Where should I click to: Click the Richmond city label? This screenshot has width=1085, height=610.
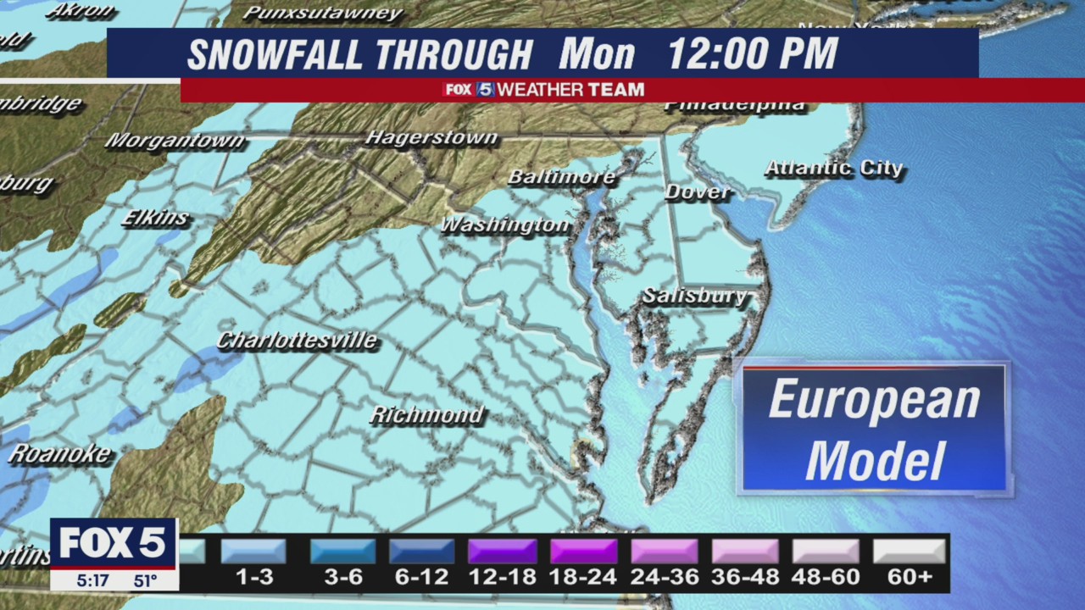coord(427,415)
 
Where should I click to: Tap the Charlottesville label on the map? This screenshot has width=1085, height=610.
coord(297,341)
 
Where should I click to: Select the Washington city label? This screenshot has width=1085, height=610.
coord(505,225)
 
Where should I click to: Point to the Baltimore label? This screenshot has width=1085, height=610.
coord(561,177)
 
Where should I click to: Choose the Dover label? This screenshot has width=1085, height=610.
coord(698,192)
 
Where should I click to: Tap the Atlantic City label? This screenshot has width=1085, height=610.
coord(834,168)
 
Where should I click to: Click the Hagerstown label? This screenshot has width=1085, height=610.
coord(431,137)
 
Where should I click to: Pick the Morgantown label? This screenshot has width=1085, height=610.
coord(175,141)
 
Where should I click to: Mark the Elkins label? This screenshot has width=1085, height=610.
coord(155,218)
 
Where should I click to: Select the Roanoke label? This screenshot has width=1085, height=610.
coord(59,453)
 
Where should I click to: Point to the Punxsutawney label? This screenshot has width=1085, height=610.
coord(322,13)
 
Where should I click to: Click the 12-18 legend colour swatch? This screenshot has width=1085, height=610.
coord(503,552)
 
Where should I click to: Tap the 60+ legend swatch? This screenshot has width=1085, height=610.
coord(909,552)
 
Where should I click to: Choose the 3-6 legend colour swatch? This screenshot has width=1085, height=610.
coord(343,552)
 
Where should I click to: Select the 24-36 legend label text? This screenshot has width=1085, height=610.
coord(665,578)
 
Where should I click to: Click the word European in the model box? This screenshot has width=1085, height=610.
coord(874,400)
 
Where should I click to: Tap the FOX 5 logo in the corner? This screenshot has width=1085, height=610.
coord(113,543)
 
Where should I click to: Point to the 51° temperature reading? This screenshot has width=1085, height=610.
coord(145,581)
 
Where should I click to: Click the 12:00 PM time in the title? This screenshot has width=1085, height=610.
coord(753,54)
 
